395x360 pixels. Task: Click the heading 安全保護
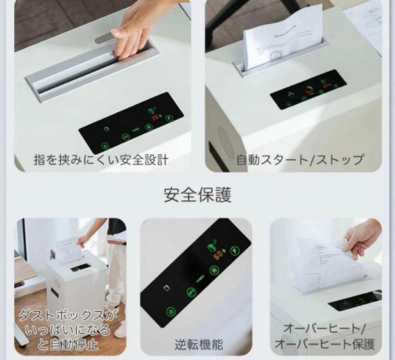(x=197, y=195)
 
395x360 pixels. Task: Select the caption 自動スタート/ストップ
(x=300, y=160)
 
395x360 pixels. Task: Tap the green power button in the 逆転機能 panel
(x=170, y=311)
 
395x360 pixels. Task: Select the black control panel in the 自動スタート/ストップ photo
(x=308, y=90)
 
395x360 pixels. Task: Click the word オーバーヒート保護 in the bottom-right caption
(x=324, y=344)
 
